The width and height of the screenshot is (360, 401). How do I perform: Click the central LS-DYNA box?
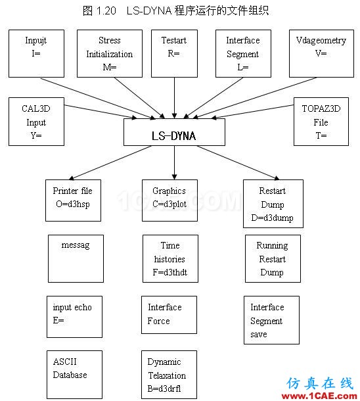tap(174, 132)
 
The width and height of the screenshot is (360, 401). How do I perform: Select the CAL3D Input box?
tap(36, 122)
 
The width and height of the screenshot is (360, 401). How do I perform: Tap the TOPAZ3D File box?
tap(321, 122)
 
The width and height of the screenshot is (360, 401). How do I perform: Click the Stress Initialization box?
tap(110, 53)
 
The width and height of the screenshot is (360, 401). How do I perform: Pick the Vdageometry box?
tap(321, 53)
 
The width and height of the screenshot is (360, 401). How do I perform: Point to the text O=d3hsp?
tap(73, 204)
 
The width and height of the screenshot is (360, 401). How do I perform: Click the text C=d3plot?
tap(169, 204)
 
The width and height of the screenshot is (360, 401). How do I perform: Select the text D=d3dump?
tap(273, 218)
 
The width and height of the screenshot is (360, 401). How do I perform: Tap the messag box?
tap(76, 258)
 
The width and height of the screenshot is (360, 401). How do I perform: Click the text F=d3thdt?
tap(170, 272)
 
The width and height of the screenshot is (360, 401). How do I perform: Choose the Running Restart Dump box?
tap(273, 258)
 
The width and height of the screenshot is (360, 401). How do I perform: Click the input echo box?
tap(75, 317)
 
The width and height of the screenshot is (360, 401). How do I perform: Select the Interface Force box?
tap(169, 315)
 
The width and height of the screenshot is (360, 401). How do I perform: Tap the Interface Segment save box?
tap(271, 320)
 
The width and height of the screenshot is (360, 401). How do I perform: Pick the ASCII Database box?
tap(75, 375)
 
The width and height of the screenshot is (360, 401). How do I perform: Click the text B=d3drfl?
tap(164, 389)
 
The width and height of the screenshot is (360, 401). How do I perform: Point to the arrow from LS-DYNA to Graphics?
tap(175, 162)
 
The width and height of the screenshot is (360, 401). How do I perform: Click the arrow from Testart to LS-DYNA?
tap(175, 98)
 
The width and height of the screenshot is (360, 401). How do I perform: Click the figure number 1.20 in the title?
tap(106, 11)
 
